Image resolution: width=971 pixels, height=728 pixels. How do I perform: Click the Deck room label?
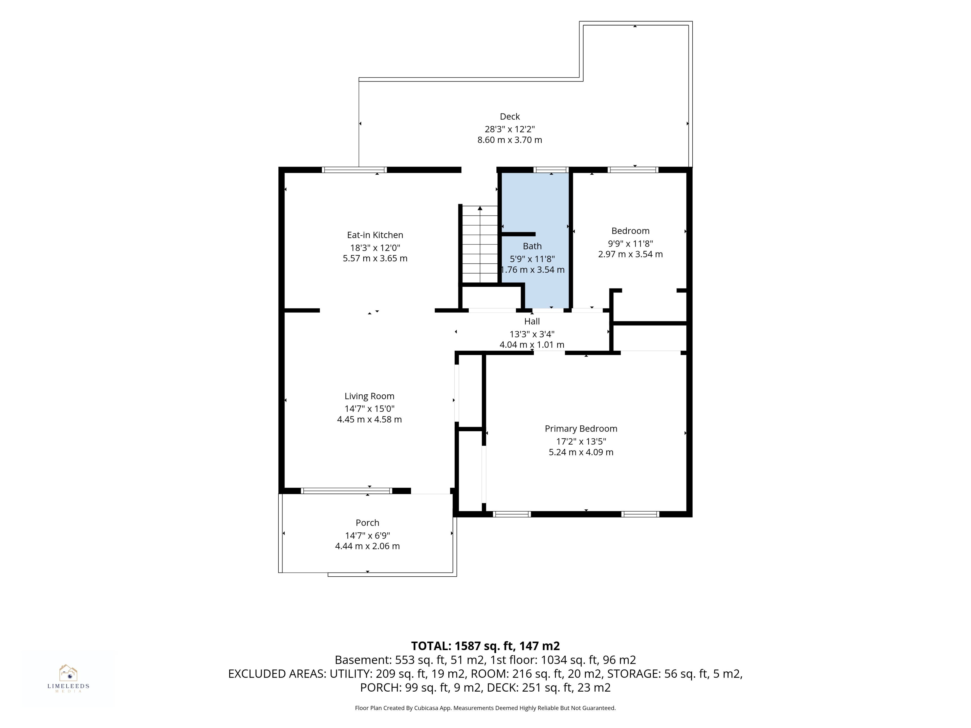tap(510, 117)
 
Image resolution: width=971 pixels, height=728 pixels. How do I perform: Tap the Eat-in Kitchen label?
tap(375, 235)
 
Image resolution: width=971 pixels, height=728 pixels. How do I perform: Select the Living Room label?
tap(369, 396)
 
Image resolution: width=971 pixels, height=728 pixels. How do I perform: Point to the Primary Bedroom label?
tap(581, 429)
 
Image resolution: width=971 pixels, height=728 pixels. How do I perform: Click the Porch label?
tap(367, 523)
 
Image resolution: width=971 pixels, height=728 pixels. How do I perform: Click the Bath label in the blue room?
tap(532, 246)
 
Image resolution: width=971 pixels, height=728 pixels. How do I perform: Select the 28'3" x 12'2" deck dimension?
tap(510, 129)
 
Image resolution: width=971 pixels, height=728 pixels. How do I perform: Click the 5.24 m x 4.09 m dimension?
tap(581, 452)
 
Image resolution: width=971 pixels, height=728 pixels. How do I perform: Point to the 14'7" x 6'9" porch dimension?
tap(367, 535)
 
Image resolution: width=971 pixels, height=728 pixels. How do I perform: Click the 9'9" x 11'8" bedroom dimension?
tap(630, 243)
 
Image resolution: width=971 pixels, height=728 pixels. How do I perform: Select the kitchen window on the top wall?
tap(354, 170)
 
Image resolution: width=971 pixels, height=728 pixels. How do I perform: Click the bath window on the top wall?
tap(551, 170)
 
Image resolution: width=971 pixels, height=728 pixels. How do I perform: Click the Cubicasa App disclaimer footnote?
tap(485, 708)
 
